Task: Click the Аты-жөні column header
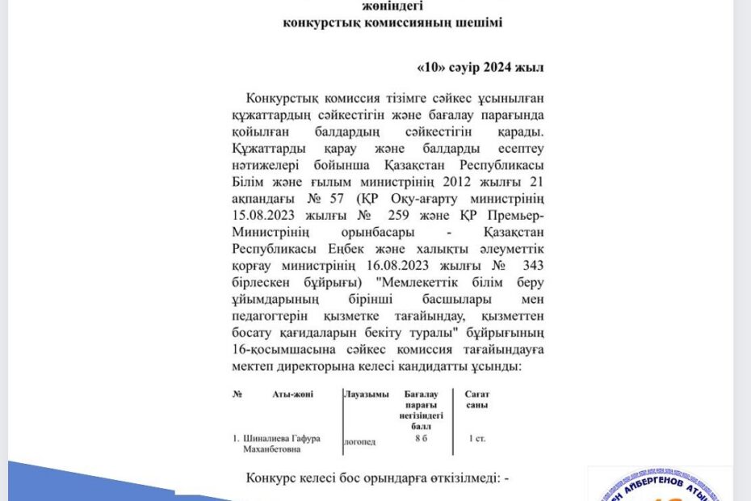point(293,394)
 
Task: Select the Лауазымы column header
point(372,394)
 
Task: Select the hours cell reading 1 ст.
point(476,439)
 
